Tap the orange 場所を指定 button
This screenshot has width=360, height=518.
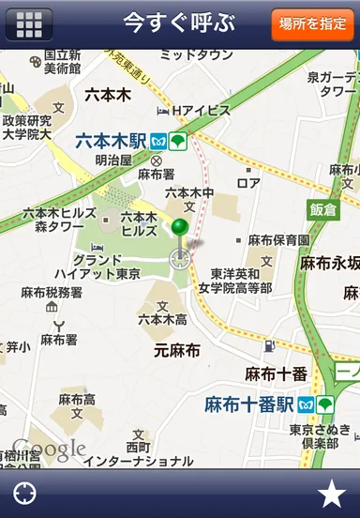coord(313,23)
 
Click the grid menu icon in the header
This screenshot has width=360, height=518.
coord(29,23)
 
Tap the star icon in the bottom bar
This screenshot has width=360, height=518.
coord(330,493)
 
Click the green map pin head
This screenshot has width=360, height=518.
coord(180,227)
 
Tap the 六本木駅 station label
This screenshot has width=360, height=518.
coord(111,142)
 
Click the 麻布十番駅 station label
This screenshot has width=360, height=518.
coord(248,405)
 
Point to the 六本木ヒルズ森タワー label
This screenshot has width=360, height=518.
coord(59,220)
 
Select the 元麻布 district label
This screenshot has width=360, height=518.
coord(177,351)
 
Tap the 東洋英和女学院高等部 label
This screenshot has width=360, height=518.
coord(241,281)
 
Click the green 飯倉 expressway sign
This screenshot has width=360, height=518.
coord(322,208)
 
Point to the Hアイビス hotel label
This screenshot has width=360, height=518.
coord(199,111)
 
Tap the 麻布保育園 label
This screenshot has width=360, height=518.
coord(278,240)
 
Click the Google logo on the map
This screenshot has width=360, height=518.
coord(49,449)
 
